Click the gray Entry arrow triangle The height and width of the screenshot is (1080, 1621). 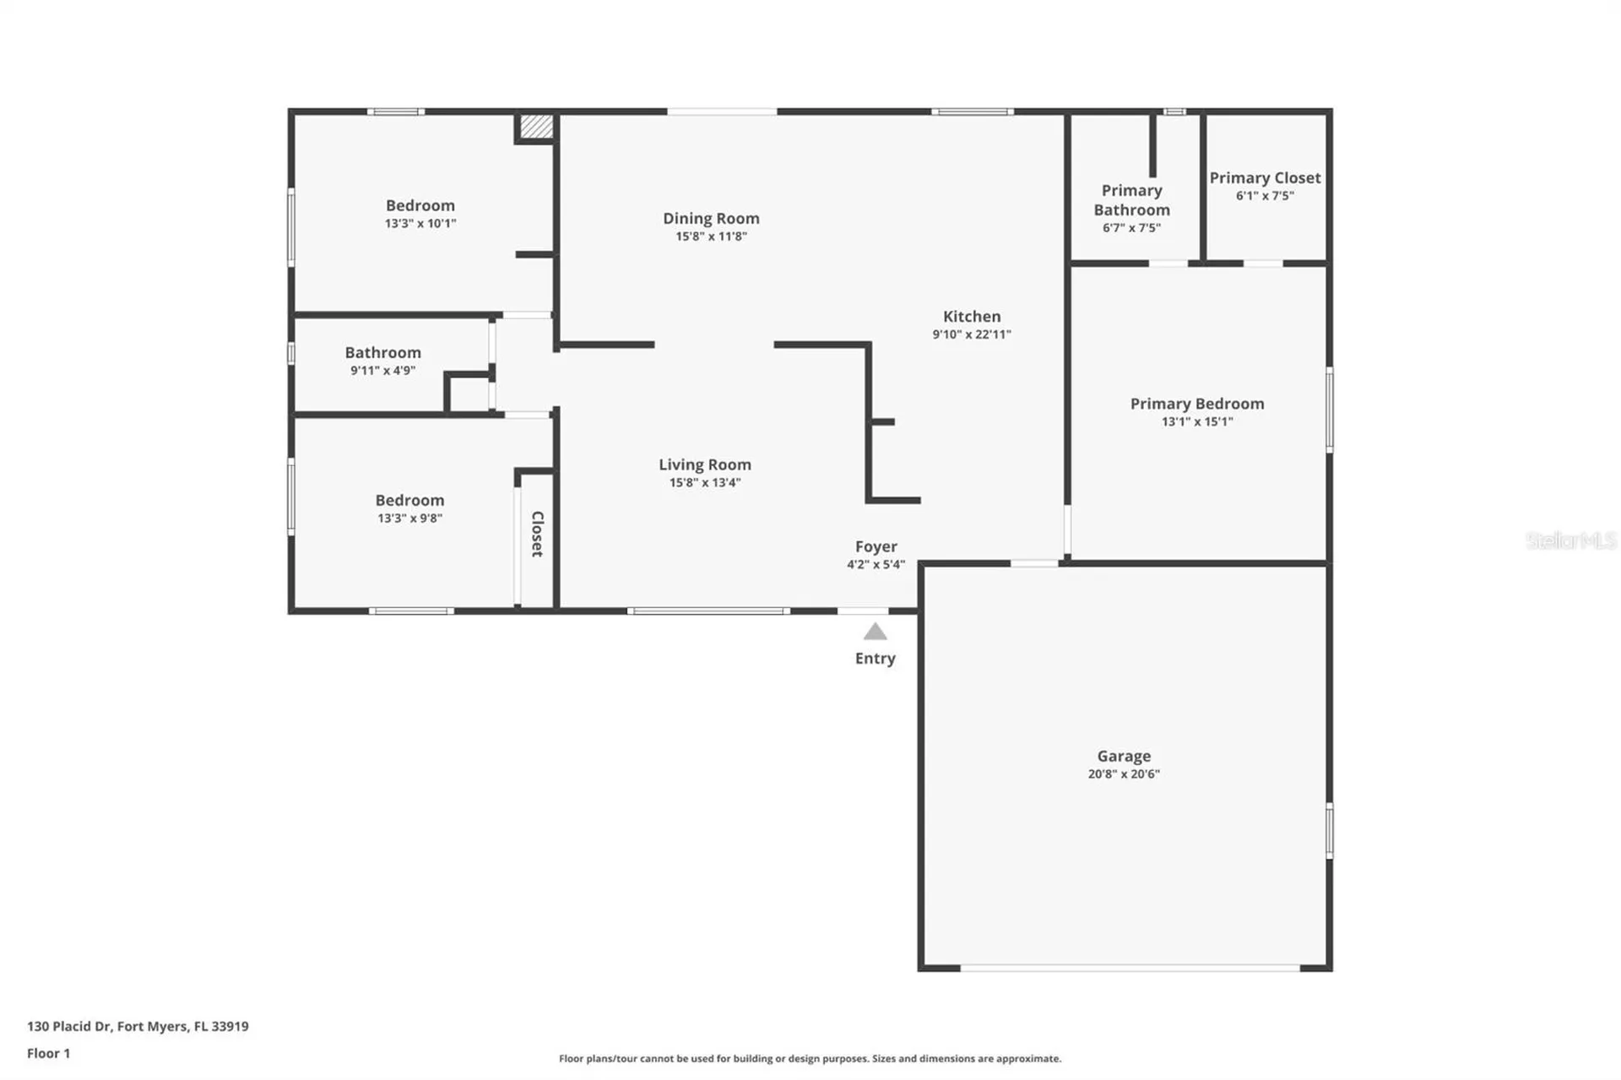[x=875, y=632]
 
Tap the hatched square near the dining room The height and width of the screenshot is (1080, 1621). [x=536, y=127]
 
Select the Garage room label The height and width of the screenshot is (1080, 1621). [x=1123, y=756]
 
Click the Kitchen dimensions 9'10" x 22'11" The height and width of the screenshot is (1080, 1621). [x=971, y=334]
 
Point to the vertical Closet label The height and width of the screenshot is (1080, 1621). [x=537, y=534]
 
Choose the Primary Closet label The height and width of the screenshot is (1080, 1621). [x=1264, y=178]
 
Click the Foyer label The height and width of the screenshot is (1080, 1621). [x=876, y=546]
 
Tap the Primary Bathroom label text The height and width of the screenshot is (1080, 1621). [x=1131, y=200]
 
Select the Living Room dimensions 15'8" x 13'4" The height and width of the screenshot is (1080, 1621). [x=704, y=483]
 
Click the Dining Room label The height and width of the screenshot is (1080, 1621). [x=710, y=218]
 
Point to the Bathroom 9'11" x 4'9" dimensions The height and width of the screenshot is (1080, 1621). [x=382, y=371]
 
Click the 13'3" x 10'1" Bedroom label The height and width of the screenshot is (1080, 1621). [x=420, y=205]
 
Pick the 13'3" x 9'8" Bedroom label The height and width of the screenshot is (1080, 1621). [x=409, y=500]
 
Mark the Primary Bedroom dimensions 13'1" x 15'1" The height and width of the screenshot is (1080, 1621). [x=1196, y=421]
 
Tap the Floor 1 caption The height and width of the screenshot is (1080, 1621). [x=48, y=1053]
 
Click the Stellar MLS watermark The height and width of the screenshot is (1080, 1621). [x=1570, y=540]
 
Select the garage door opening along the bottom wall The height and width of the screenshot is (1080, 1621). [x=1129, y=968]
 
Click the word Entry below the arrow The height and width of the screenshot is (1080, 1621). [x=875, y=659]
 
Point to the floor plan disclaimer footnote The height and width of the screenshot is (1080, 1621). [x=810, y=1058]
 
